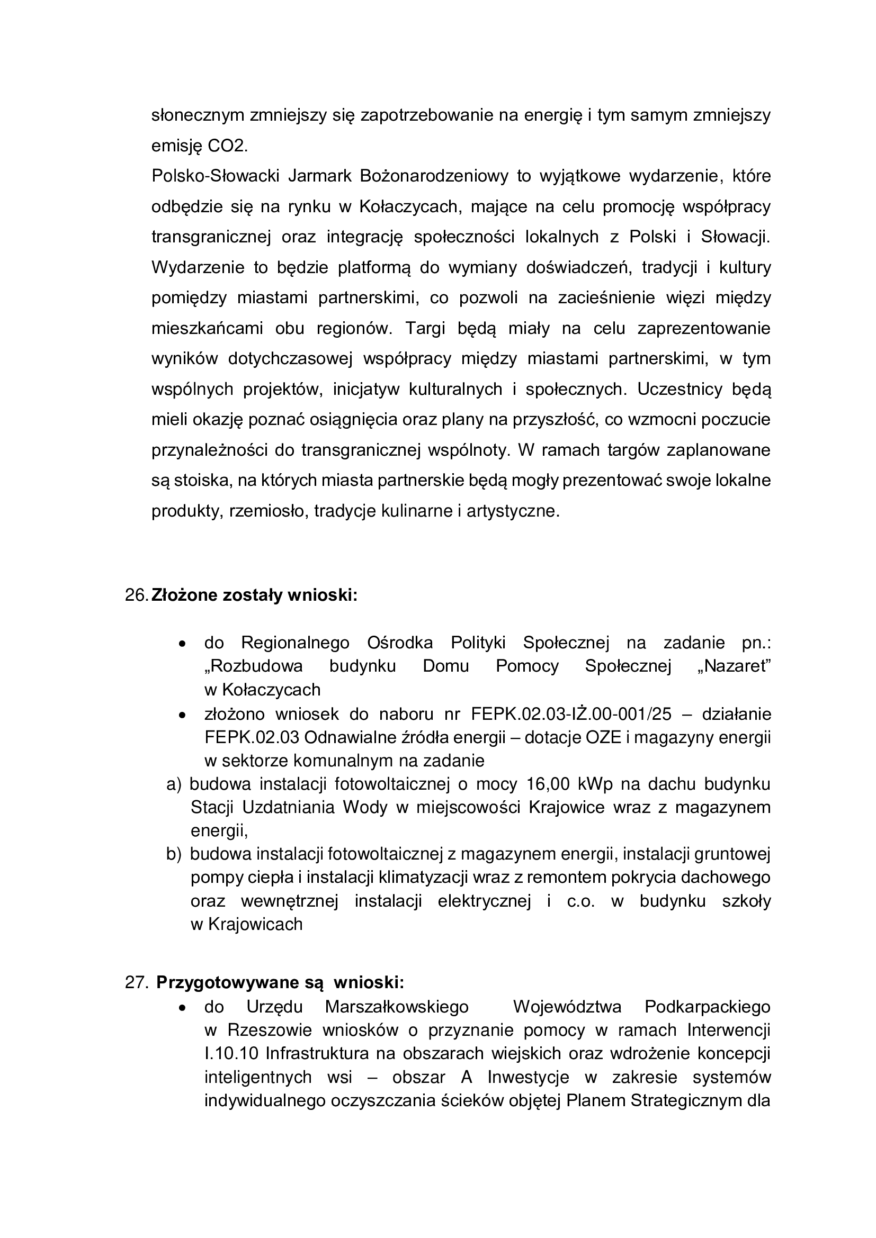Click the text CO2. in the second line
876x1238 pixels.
[228, 146]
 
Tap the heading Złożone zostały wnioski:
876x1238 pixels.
[255, 595]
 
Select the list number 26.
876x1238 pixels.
[137, 595]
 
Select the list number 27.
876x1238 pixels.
[137, 982]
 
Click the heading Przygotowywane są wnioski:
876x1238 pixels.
[280, 982]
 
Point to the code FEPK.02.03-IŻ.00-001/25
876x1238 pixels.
[571, 714]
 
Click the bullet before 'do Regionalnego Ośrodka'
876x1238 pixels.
[183, 644]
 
